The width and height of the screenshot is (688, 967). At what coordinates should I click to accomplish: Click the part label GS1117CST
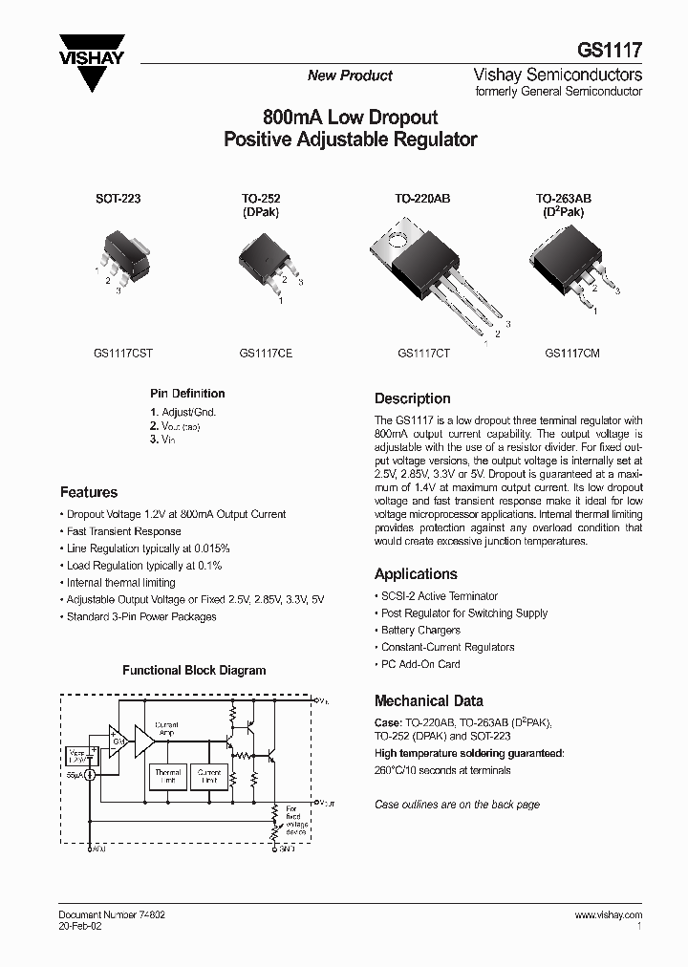[123, 353]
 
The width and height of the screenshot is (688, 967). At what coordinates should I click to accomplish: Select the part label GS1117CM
[572, 353]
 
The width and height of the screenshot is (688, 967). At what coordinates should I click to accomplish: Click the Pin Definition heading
[187, 393]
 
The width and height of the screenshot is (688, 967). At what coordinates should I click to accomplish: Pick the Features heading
[89, 492]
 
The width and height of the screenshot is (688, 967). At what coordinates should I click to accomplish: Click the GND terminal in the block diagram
[279, 847]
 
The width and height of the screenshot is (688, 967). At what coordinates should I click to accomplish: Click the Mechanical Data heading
[428, 700]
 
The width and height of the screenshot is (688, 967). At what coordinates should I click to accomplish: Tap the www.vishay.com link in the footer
[609, 914]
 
